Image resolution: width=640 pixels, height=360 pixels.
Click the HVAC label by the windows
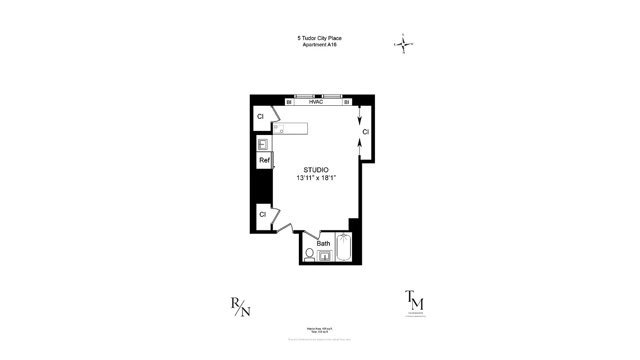pyautogui.click(x=316, y=102)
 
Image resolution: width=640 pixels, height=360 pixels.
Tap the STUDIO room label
pyautogui.click(x=316, y=170)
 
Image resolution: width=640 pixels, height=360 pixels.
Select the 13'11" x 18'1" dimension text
pyautogui.click(x=316, y=178)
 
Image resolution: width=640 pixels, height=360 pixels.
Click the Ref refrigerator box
pyautogui.click(x=264, y=160)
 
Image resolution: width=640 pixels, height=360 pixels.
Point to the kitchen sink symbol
pyautogui.click(x=263, y=144)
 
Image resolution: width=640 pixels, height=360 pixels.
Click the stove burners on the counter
pyautogui.click(x=279, y=128)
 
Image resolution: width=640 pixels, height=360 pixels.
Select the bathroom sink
pyautogui.click(x=325, y=256)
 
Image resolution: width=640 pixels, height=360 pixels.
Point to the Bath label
pyautogui.click(x=323, y=243)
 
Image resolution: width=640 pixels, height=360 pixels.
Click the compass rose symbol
pyautogui.click(x=404, y=44)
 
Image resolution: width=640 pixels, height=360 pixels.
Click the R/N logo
pyautogui.click(x=240, y=307)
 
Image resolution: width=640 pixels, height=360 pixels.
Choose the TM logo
pyautogui.click(x=415, y=300)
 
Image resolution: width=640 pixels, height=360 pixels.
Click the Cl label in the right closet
pyautogui.click(x=365, y=132)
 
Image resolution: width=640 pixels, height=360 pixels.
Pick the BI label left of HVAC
pyautogui.click(x=289, y=102)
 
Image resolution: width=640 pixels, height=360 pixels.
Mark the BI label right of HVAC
pyautogui.click(x=347, y=102)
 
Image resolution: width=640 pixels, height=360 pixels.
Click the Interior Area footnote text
pyautogui.click(x=319, y=329)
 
